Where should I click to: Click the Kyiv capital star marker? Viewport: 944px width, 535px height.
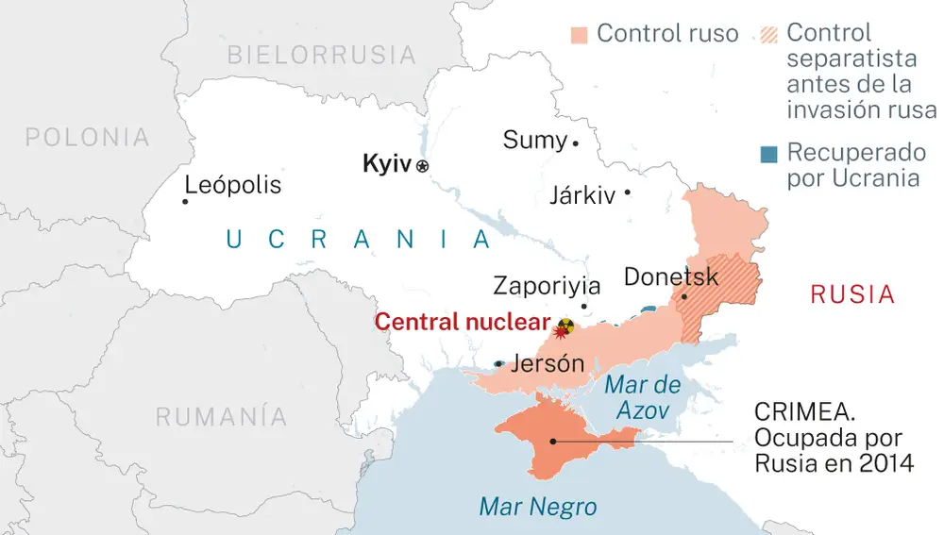(422, 166)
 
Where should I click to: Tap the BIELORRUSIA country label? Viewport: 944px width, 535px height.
(321, 55)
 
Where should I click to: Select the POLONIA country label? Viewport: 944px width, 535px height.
(87, 138)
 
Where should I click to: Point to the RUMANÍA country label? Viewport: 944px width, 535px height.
(222, 416)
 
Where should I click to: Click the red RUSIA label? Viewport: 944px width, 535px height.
(852, 294)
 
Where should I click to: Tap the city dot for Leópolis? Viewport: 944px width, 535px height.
(184, 200)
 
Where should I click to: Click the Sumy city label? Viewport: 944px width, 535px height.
(534, 141)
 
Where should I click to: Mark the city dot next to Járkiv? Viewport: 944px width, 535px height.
(627, 192)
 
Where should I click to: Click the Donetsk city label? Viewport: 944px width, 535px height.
(671, 277)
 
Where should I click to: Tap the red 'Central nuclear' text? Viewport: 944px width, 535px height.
(462, 322)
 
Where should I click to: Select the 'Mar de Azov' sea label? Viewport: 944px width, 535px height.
(642, 397)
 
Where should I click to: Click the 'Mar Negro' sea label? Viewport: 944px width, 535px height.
(538, 507)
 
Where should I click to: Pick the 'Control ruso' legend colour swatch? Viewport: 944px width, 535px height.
(580, 35)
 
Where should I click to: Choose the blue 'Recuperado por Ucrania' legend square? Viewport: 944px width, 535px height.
(769, 153)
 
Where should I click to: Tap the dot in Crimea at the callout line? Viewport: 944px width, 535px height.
(553, 441)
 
